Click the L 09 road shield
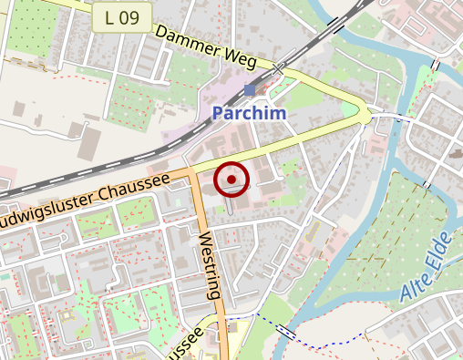(x=122, y=16)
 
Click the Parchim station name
(x=250, y=114)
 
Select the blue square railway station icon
(x=250, y=90)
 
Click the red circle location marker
(x=231, y=180)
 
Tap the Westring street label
(x=209, y=265)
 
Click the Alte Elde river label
(x=426, y=268)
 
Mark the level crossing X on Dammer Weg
(x=278, y=68)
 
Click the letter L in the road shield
(x=110, y=16)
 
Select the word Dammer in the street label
(x=190, y=40)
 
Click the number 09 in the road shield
(x=130, y=16)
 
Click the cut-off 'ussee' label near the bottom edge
(x=182, y=347)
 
